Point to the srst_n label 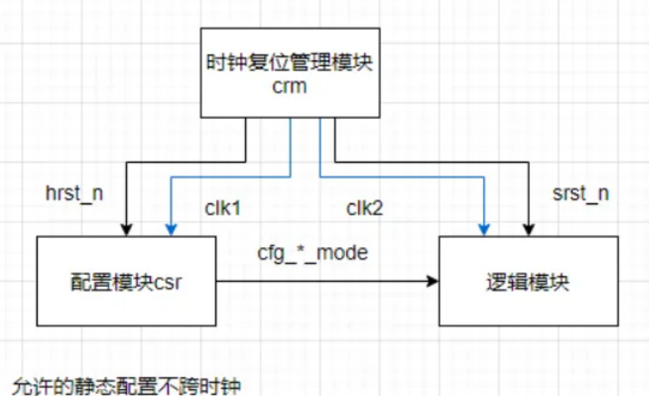point(581,193)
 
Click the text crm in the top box point(289,88)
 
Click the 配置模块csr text point(127,282)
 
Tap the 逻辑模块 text point(528,282)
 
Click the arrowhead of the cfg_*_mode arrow point(433,280)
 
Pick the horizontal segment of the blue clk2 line point(402,176)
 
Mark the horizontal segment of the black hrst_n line point(184,162)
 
